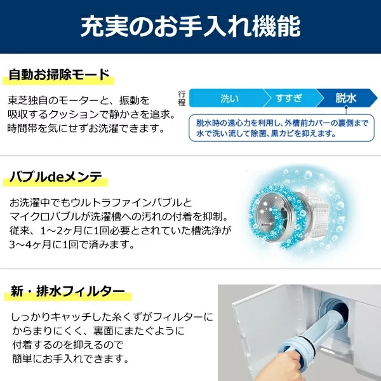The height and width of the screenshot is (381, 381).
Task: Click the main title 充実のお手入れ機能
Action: coord(190,26)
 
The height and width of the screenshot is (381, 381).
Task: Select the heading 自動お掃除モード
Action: coord(59,74)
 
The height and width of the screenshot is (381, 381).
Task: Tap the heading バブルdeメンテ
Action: coord(56,177)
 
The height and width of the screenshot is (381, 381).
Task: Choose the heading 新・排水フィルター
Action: coord(68,291)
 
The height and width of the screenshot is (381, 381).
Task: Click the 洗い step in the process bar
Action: coord(229,98)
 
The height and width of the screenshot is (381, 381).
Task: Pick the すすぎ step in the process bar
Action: coord(289,98)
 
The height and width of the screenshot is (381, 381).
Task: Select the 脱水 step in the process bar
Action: coord(346,98)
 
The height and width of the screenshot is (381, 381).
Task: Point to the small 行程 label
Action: coord(182,98)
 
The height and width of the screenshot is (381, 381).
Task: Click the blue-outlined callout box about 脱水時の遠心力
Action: coord(281,128)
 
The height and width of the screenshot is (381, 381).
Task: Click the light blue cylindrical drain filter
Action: coord(314,333)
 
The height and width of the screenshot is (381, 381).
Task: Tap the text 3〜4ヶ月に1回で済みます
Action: coord(72,244)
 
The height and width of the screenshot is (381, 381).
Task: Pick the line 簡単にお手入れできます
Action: coord(70,359)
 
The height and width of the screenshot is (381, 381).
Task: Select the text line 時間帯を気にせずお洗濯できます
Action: coord(86,128)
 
